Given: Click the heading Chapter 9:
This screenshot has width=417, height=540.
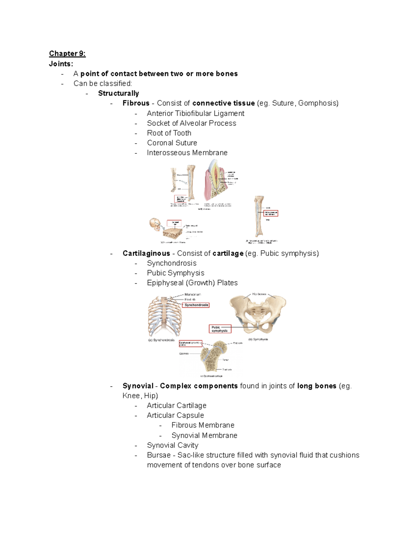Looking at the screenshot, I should coord(67,54).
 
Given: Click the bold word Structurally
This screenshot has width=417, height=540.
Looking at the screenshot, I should coord(118,93).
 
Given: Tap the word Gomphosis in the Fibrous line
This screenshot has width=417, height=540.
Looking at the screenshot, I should coord(318,103).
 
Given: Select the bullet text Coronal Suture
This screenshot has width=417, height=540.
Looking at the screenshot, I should coord(172,143).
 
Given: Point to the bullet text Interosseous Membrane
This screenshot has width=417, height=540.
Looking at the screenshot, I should coord(187,153).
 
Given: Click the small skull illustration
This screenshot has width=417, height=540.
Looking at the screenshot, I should coord(155,224).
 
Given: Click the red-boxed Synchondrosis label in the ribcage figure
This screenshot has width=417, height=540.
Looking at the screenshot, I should coord(196,305).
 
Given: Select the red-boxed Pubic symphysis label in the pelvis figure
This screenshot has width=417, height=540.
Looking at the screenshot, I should coord(220,329).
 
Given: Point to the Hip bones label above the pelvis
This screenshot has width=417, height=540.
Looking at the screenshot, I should coord(259,294).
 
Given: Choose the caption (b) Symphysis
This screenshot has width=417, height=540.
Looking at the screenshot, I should coord(258,339).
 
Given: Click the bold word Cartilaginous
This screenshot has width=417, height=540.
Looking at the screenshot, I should coord(146,253).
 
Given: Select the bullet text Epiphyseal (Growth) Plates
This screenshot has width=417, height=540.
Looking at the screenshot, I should coord(192,283).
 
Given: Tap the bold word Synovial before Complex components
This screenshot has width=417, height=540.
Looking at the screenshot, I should coord(138,386).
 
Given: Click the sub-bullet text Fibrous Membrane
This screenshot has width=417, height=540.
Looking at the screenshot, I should coord(203,425).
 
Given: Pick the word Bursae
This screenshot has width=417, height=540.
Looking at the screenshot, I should coord(159,455).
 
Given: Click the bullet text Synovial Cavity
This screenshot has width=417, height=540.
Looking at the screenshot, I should coord(172,445).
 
